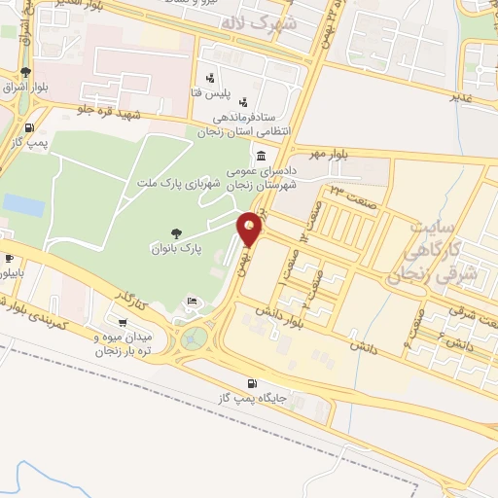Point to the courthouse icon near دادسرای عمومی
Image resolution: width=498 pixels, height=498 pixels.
[260, 156]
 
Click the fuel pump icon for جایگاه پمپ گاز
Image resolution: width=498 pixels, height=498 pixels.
[253, 383]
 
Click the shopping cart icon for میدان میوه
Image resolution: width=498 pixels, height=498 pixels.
[122, 323]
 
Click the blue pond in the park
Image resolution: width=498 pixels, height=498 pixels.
[23, 205]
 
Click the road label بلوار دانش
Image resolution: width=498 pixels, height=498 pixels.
[281, 315]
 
